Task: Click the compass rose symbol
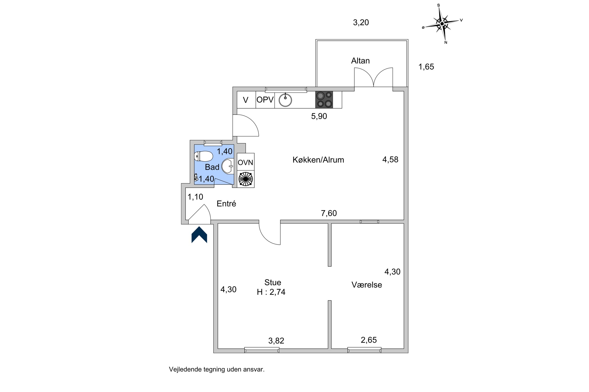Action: [x=442, y=24]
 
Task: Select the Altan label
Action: [x=360, y=61]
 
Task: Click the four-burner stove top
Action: [x=324, y=100]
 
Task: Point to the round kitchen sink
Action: [x=285, y=100]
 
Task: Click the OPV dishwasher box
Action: [x=265, y=100]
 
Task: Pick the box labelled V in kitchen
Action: [x=246, y=100]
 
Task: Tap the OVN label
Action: [x=245, y=162]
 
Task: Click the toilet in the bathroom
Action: [x=203, y=157]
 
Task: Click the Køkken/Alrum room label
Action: [x=318, y=160]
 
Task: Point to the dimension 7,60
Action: [x=329, y=213]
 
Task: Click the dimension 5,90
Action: [x=319, y=116]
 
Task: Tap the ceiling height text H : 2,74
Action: [x=271, y=292]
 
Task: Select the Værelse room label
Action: [x=367, y=285]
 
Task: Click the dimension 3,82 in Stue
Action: [x=276, y=341]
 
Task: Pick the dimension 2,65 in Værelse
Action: [x=369, y=340]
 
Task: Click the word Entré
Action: [x=226, y=204]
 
